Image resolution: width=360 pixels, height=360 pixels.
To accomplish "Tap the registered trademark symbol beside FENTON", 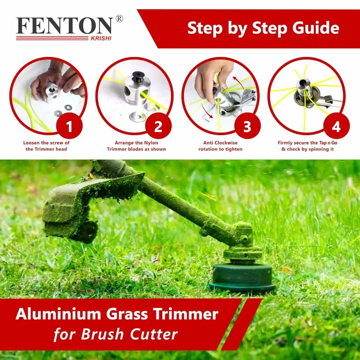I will pyautogui.click(x=119, y=19).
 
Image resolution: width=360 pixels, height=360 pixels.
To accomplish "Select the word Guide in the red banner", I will pyautogui.click(x=316, y=28).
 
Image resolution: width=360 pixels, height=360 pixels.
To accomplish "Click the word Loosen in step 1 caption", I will pyautogui.click(x=32, y=143).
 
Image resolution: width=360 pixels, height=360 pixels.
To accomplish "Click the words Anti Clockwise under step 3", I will pyautogui.click(x=220, y=143).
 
